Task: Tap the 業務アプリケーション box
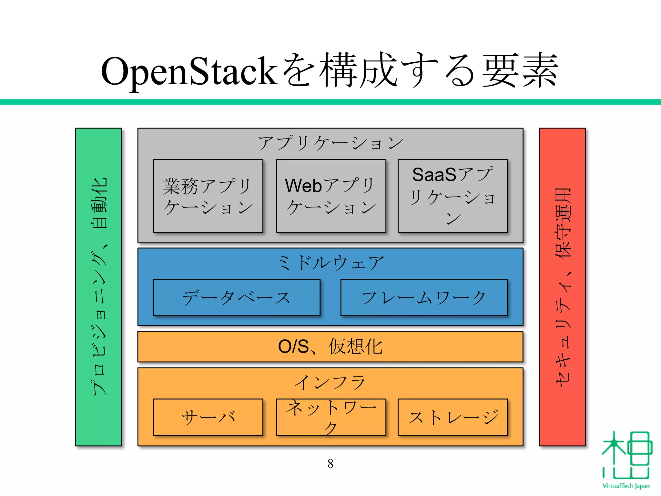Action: pyautogui.click(x=208, y=196)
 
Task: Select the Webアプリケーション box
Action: pyautogui.click(x=331, y=196)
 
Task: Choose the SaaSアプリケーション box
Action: pyautogui.click(x=453, y=196)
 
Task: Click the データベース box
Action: pyautogui.click(x=237, y=297)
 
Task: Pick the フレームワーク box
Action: pyautogui.click(x=424, y=297)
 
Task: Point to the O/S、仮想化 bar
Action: pyautogui.click(x=330, y=346)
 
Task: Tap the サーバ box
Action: pyautogui.click(x=208, y=417)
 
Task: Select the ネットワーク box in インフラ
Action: pyautogui.click(x=331, y=417)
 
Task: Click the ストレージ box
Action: pyautogui.click(x=453, y=417)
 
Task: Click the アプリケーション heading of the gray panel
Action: pyautogui.click(x=330, y=143)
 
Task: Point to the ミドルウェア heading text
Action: pyautogui.click(x=330, y=263)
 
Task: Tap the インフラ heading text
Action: pyautogui.click(x=330, y=382)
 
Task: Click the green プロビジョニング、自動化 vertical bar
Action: pyautogui.click(x=98, y=287)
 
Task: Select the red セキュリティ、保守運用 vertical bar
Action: pyautogui.click(x=562, y=287)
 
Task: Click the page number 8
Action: pyautogui.click(x=330, y=464)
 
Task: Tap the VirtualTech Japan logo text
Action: pyautogui.click(x=626, y=486)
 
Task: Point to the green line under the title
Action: pyautogui.click(x=330, y=102)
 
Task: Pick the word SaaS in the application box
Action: pyautogui.click(x=434, y=175)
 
